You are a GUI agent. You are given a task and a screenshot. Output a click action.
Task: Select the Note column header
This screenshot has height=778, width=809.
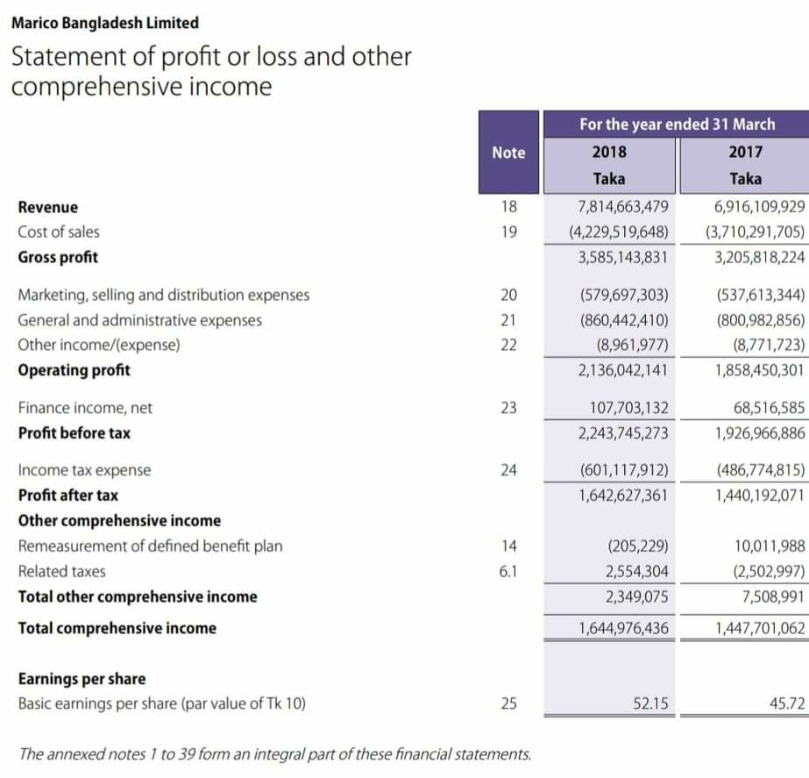(508, 152)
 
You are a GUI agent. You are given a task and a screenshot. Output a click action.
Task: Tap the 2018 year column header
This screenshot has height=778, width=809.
(609, 152)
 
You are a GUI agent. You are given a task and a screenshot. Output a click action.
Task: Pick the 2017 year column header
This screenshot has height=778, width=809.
(745, 152)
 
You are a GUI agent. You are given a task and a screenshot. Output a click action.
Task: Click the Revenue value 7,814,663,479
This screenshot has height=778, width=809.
(623, 207)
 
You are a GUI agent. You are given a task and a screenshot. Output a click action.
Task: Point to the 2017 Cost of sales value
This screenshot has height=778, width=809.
(755, 232)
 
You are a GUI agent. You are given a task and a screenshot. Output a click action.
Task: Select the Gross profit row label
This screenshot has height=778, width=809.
(58, 257)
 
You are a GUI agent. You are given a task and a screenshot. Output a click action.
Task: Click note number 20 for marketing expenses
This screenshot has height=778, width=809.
(508, 295)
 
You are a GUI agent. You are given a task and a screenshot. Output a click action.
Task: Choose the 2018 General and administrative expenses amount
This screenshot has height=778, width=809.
(624, 320)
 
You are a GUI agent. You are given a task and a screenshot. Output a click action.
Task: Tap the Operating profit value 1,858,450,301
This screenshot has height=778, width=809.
(759, 370)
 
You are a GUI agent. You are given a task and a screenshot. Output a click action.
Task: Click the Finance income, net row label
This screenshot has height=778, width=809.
(85, 408)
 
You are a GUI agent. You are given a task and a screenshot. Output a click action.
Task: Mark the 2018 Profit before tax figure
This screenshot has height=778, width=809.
(623, 433)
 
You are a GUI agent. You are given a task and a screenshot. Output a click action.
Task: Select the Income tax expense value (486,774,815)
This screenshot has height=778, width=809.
(759, 470)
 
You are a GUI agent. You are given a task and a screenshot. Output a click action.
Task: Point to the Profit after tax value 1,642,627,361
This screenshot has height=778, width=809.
(623, 496)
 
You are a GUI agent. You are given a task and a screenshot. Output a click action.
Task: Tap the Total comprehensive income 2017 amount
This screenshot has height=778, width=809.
(759, 628)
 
